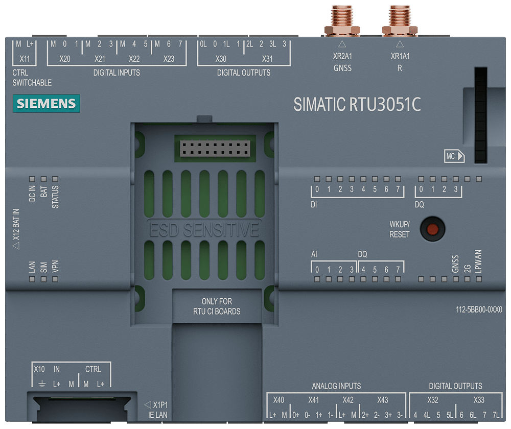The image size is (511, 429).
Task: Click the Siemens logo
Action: (45, 104)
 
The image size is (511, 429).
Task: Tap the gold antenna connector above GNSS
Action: (342, 20)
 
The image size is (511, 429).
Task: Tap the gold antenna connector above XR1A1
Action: (400, 20)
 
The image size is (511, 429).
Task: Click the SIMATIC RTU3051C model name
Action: (357, 104)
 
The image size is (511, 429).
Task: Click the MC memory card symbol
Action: (454, 157)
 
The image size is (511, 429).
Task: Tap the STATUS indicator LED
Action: (55, 179)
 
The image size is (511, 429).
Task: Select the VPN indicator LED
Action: (55, 279)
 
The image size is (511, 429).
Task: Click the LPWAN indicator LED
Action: (479, 279)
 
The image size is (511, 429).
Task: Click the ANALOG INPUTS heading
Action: (336, 386)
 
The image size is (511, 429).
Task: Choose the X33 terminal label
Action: (479, 400)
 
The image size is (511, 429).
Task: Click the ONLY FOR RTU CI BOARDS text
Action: (217, 306)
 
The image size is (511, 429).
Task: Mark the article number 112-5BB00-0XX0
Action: (479, 309)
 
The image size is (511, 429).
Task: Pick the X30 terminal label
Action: (221, 59)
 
